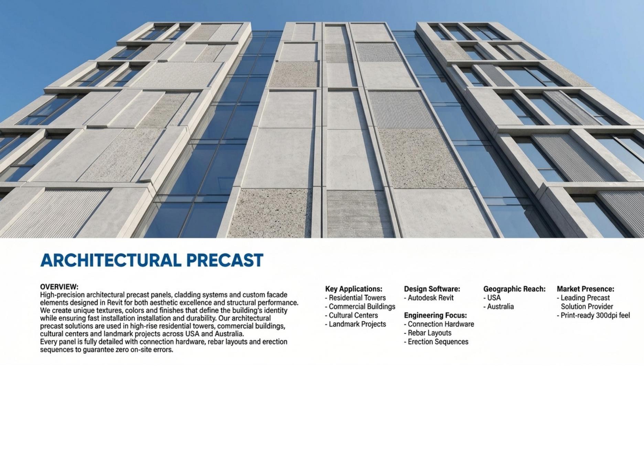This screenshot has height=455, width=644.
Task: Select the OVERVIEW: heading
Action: (x=59, y=287)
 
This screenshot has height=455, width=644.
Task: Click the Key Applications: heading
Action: (x=354, y=289)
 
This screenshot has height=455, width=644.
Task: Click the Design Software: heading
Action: (x=432, y=289)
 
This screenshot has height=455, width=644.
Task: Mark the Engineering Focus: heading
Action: (x=435, y=315)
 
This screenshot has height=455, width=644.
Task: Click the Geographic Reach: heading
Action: (x=514, y=289)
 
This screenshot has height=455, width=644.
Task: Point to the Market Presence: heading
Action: (x=585, y=289)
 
